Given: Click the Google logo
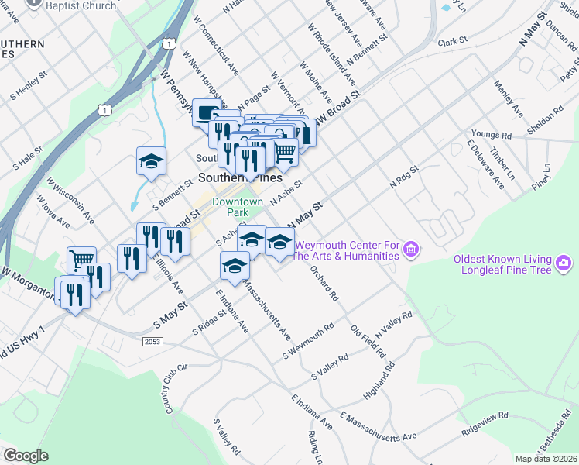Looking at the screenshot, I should tap(26, 455).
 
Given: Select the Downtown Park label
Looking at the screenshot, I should tap(238, 207).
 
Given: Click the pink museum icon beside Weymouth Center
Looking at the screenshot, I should tap(412, 250).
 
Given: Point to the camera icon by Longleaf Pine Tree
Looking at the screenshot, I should tap(564, 264).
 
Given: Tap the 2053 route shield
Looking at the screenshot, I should tap(152, 340).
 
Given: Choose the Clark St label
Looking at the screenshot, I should tap(453, 40).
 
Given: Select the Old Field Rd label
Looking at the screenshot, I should tap(368, 341).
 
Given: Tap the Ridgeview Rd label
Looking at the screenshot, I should tap(485, 422).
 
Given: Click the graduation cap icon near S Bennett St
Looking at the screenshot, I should tap(151, 161).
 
